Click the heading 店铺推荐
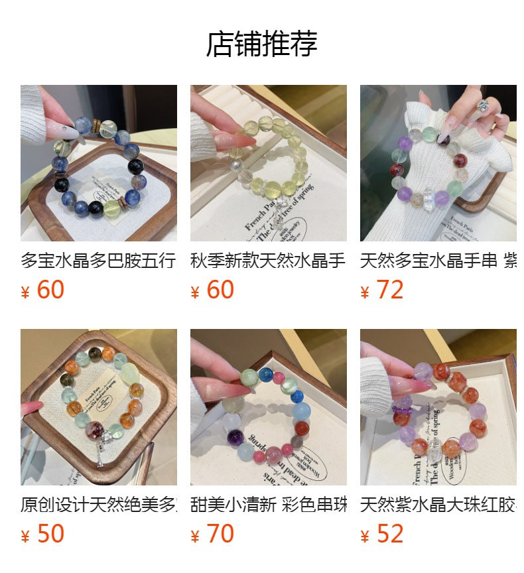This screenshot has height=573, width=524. (261, 44)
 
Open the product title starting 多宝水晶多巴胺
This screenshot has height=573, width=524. (98, 261)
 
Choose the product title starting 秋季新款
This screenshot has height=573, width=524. (268, 261)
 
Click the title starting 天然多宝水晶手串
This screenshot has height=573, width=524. (438, 261)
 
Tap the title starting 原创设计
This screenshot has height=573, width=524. (98, 505)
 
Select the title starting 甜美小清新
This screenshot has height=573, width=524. (268, 505)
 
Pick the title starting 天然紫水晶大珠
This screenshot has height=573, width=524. (438, 505)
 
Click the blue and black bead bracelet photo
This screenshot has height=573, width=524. (98, 162)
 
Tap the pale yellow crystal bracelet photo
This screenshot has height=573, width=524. (268, 162)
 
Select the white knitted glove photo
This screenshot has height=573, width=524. (438, 162)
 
